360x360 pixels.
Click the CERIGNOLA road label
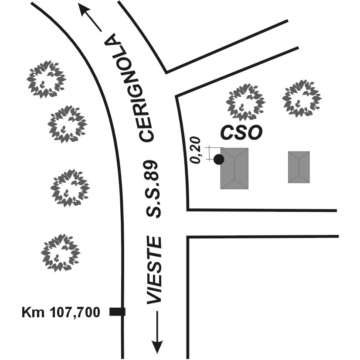131,87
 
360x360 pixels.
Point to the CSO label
241,133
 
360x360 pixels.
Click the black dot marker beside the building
219,160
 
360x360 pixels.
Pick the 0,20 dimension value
197,150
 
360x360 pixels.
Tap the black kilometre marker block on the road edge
117,311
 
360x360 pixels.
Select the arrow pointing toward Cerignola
90,17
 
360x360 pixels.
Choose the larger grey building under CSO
234,168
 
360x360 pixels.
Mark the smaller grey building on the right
299,167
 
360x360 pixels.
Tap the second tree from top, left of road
67,124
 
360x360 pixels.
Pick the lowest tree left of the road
60,252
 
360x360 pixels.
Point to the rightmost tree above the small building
302,98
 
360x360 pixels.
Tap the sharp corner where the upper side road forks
166,72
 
